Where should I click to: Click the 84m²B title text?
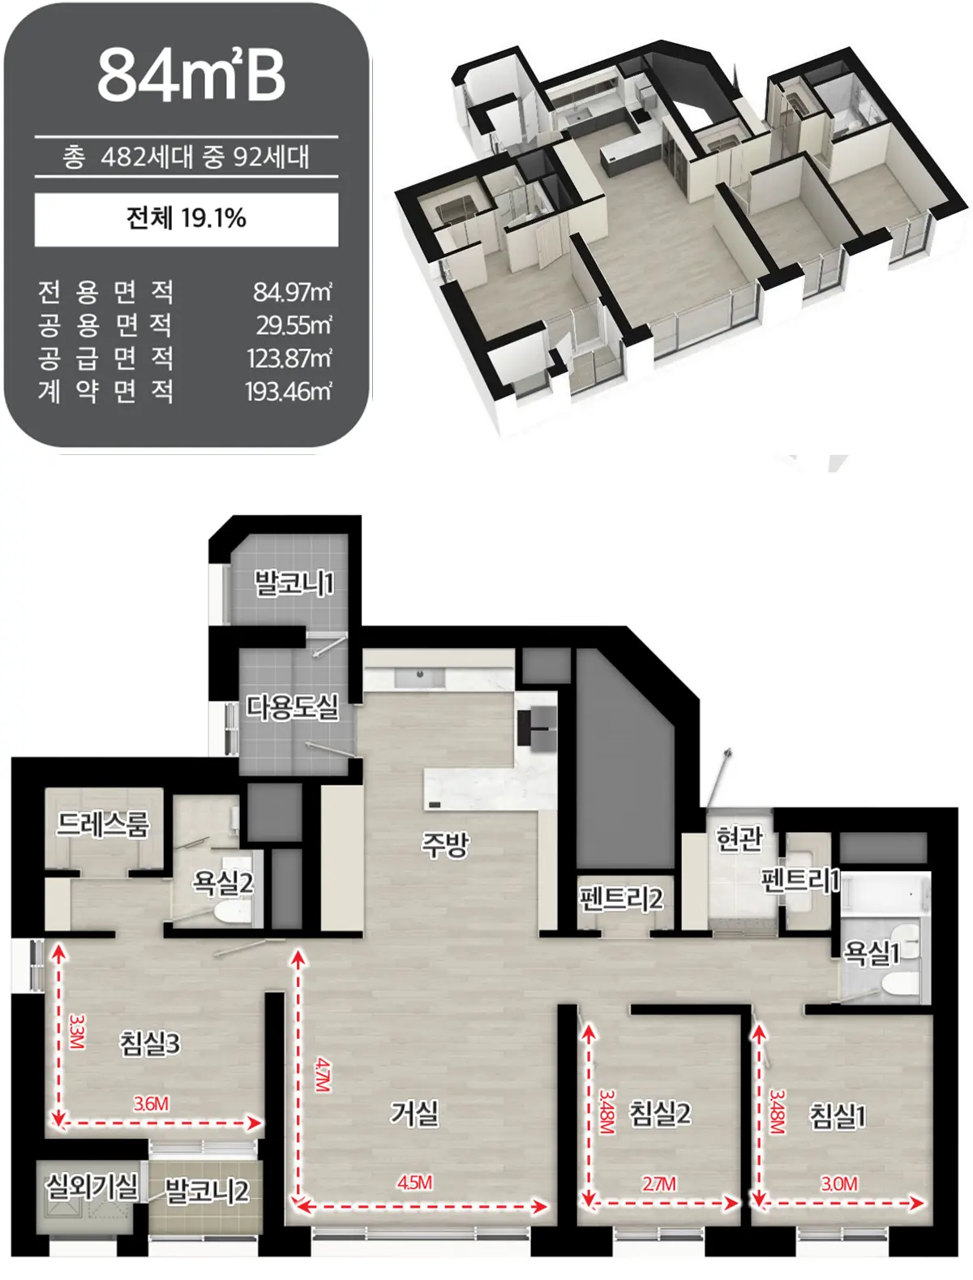click(x=191, y=75)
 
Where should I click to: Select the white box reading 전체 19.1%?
click(x=186, y=219)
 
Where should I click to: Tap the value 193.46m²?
click(x=289, y=391)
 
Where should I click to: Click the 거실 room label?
click(x=414, y=1113)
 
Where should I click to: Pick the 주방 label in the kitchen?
click(x=445, y=844)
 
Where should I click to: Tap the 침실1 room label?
click(x=838, y=1116)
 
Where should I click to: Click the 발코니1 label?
click(x=294, y=583)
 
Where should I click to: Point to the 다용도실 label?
click(x=291, y=707)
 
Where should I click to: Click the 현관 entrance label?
click(x=739, y=839)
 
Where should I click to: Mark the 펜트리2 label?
click(x=621, y=899)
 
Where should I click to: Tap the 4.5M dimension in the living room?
click(x=415, y=1183)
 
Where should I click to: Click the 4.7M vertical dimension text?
click(x=323, y=1075)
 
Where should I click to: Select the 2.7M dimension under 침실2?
click(x=659, y=1183)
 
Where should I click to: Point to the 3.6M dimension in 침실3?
click(x=151, y=1103)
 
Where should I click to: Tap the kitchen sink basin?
click(x=419, y=677)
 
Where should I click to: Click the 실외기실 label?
click(x=92, y=1186)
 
